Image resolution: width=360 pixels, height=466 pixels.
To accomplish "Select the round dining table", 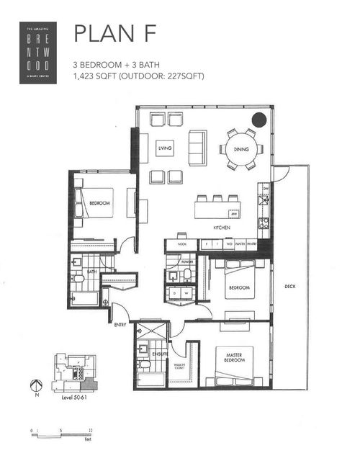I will click(x=240, y=149).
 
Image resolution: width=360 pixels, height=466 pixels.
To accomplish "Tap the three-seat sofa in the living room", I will click(x=197, y=148).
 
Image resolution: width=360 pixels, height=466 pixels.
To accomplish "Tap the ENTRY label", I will click(x=120, y=326).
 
